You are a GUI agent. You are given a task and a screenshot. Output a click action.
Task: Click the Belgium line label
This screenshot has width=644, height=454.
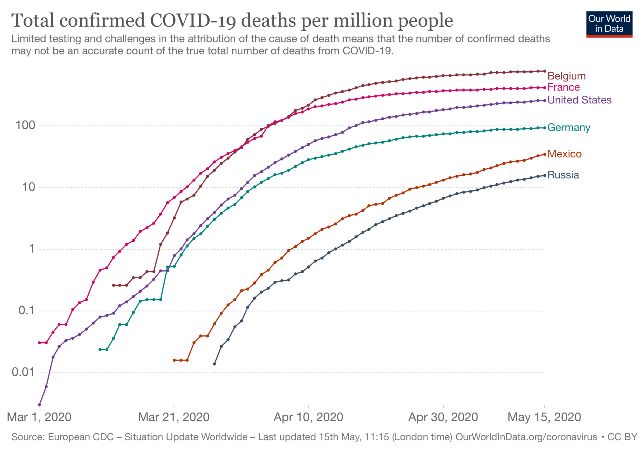(566, 76)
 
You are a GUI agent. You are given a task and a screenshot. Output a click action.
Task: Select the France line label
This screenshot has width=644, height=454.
(563, 87)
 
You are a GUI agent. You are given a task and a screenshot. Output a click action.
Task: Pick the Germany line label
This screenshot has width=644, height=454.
(568, 127)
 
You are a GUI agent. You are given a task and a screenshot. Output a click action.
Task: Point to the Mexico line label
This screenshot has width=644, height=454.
(564, 154)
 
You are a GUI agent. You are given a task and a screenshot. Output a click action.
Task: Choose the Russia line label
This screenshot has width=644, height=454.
(563, 175)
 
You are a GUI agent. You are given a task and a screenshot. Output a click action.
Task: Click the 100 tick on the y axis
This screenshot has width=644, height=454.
(25, 125)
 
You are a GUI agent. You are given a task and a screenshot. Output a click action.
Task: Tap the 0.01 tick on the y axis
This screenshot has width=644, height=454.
(23, 372)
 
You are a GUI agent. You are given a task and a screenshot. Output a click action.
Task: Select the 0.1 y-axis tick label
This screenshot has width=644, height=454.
(27, 310)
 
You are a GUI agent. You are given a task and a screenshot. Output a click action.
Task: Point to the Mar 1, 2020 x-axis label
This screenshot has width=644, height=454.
(39, 417)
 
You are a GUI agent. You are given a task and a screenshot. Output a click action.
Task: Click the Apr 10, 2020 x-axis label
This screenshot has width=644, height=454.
(308, 417)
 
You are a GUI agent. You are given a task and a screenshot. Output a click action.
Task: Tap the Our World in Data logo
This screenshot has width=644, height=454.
(609, 24)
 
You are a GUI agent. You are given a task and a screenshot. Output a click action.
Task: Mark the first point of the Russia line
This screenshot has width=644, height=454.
(214, 364)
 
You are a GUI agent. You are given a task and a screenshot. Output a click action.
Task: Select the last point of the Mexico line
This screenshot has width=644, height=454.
(544, 154)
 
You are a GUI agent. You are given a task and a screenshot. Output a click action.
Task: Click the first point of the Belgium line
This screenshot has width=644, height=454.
(114, 285)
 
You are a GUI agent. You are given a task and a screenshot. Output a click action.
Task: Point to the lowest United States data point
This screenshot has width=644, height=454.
(39, 405)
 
